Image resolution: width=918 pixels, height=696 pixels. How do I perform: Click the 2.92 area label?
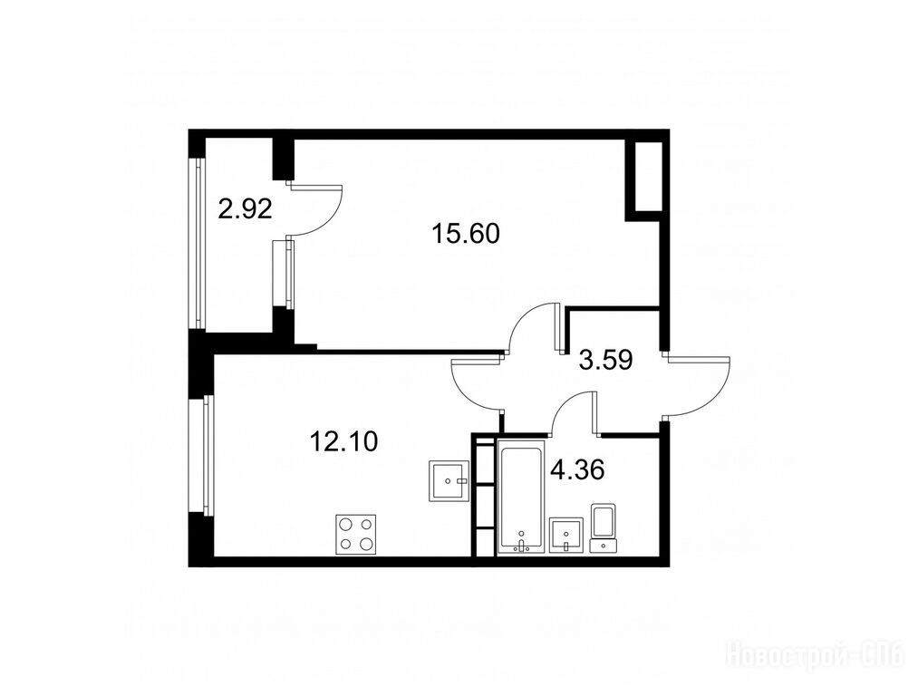(245, 208)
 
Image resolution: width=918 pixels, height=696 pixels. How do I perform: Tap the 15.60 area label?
(466, 234)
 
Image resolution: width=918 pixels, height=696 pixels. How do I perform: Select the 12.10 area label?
(343, 441)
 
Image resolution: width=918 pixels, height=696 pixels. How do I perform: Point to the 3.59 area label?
(605, 360)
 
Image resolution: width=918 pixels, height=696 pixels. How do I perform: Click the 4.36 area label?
(577, 469)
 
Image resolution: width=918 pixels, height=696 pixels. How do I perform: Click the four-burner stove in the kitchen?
(356, 534)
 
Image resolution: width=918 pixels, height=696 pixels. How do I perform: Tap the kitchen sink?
(449, 480)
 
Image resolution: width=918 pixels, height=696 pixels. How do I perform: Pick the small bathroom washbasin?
(566, 535)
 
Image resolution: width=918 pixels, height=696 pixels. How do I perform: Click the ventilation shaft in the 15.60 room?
(647, 176)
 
